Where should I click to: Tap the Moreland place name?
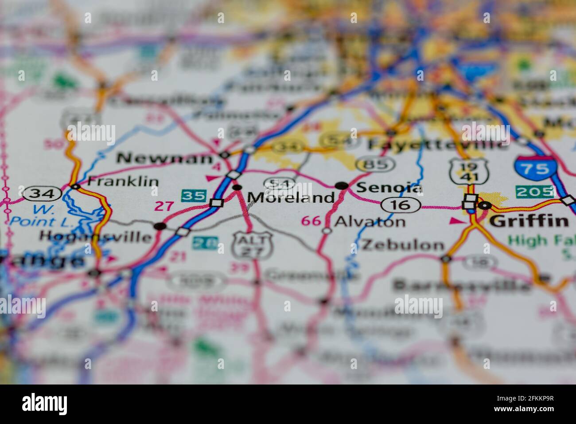pos(291,197)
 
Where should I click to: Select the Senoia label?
pos(389,188)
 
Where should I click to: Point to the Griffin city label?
pos(529,220)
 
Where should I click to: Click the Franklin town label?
pos(123,181)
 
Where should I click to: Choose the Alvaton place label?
pos(370,221)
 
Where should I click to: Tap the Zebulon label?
pos(402,244)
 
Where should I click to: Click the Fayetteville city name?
pos(437,144)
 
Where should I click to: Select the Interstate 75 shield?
pos(535,168)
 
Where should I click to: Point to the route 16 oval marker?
pos(401,204)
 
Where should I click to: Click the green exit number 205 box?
pos(534,192)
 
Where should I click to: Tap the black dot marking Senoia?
pos(341,186)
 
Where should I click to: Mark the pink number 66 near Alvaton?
pos(311,220)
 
